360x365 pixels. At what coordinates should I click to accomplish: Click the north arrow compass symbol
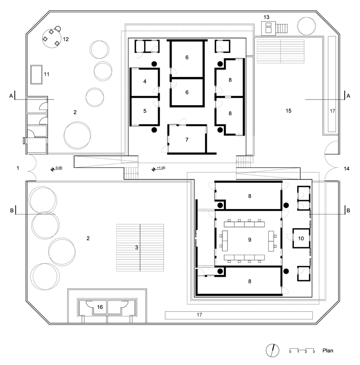click(x=272, y=350)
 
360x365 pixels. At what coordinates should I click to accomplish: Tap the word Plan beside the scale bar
click(x=328, y=351)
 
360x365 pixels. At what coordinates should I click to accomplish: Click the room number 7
click(x=187, y=140)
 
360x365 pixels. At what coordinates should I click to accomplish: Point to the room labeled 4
click(x=144, y=82)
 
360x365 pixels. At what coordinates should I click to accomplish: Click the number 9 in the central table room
click(x=250, y=240)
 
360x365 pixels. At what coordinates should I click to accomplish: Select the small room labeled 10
click(x=301, y=238)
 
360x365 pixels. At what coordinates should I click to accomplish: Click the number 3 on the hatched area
click(x=137, y=247)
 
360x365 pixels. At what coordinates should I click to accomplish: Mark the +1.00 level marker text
click(x=161, y=168)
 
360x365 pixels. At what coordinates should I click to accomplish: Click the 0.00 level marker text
click(x=59, y=168)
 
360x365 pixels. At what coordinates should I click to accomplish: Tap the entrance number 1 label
click(x=18, y=169)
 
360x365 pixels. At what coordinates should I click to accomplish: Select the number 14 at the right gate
click(x=346, y=169)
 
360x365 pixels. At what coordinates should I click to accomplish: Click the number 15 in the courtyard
click(x=288, y=110)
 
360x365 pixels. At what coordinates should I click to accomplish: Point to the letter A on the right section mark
click(x=349, y=96)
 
